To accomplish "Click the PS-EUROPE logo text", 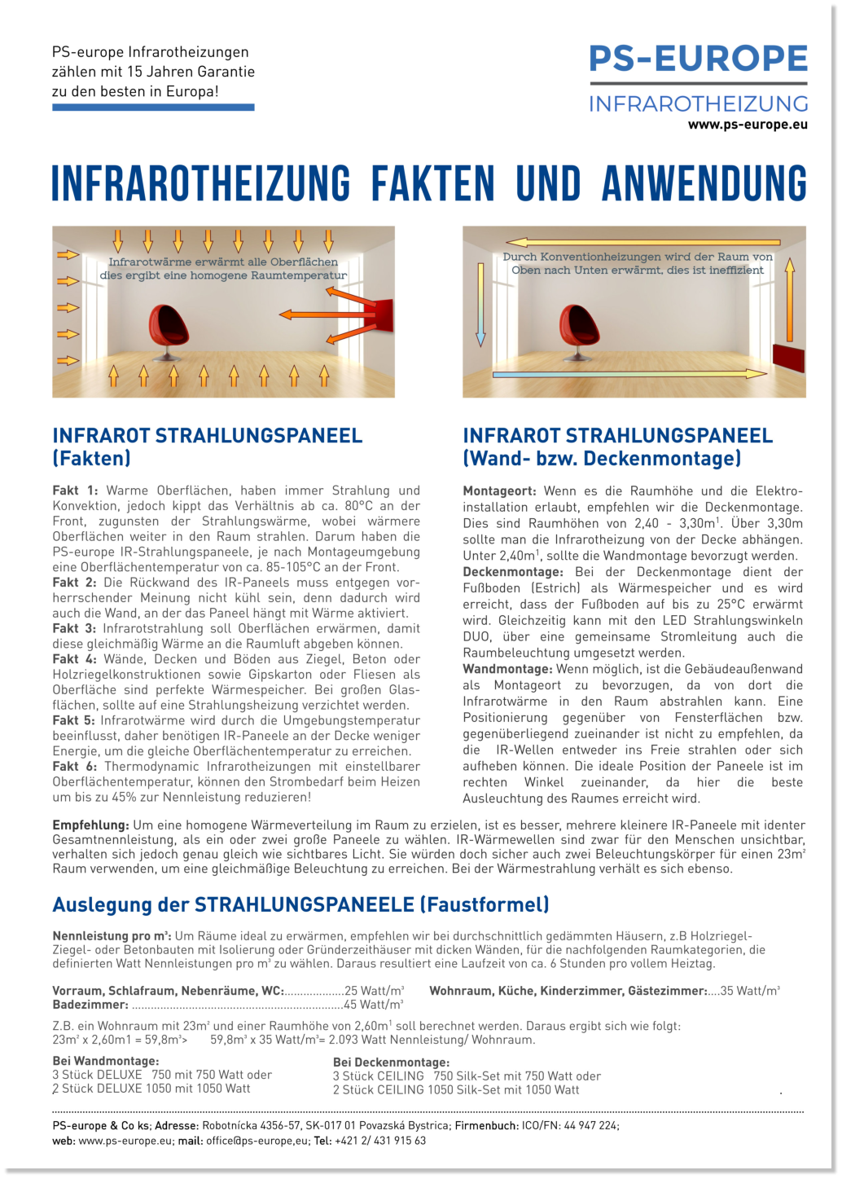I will click(x=699, y=59).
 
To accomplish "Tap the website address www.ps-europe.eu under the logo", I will click(x=748, y=125).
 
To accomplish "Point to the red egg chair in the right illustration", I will click(x=580, y=328).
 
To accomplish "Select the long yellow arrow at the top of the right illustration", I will click(x=642, y=242).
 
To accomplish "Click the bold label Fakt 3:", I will click(x=75, y=628).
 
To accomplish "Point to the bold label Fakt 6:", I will click(x=75, y=766).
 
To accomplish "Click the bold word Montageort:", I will click(x=499, y=491).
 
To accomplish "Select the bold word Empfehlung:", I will click(x=90, y=825).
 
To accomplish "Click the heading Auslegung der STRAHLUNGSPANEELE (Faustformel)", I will click(x=300, y=904).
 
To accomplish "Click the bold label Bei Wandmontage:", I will click(x=106, y=1061).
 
